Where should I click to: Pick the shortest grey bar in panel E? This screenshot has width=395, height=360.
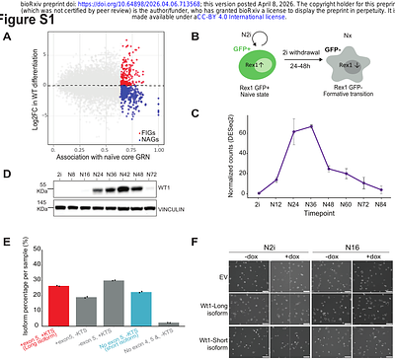click(168, 324)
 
